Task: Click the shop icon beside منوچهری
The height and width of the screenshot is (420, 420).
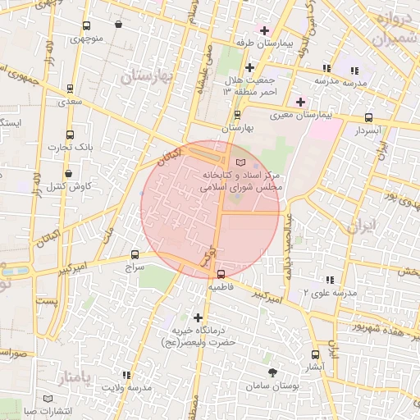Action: click(119, 25)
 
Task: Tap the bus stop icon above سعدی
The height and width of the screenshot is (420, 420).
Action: click(70, 88)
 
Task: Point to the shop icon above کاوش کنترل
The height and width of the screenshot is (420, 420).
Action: click(69, 174)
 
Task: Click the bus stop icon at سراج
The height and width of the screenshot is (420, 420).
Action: click(135, 254)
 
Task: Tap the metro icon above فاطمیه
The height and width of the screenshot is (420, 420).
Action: click(221, 274)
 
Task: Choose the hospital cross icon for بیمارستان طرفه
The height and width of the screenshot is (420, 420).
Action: click(263, 31)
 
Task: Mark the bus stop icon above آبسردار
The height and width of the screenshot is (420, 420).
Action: click(368, 117)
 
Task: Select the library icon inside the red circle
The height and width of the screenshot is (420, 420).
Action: click(240, 163)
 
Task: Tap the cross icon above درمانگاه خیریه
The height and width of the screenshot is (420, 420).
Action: click(197, 317)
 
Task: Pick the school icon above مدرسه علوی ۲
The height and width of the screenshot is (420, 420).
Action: click(330, 279)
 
